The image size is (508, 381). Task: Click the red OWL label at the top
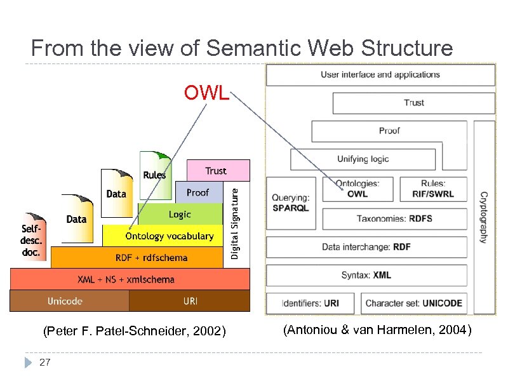point(206,93)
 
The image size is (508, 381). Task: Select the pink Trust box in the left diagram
point(215,170)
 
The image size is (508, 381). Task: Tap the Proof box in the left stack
point(197,192)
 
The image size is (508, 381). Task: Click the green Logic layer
point(180,214)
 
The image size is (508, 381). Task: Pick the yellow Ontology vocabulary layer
point(169,236)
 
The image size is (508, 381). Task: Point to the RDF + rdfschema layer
point(151,257)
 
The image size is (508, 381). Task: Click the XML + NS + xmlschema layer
point(126,279)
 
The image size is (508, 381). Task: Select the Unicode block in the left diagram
point(65,300)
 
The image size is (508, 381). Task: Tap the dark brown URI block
point(190,300)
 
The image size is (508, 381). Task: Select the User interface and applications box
point(380,75)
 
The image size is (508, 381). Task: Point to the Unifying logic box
point(363,159)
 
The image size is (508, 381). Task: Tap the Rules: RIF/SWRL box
point(432,189)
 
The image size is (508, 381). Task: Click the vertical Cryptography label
point(483,217)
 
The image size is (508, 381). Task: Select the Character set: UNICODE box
point(413,303)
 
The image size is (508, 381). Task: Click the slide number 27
point(44,362)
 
